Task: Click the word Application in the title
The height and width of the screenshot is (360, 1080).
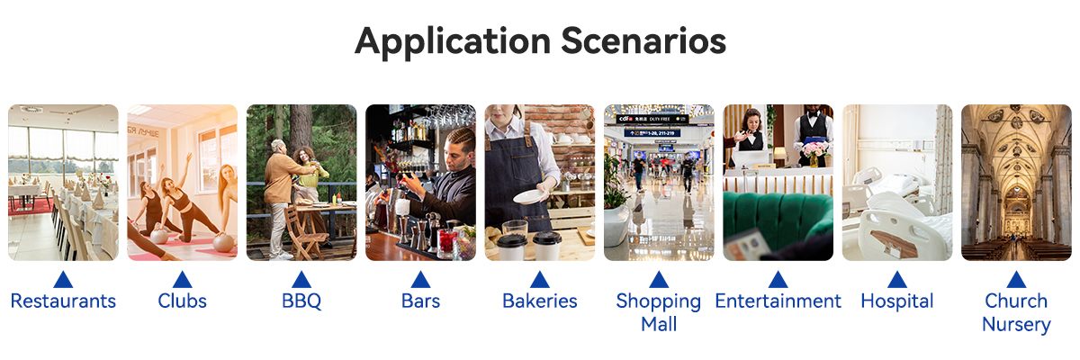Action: click(452, 42)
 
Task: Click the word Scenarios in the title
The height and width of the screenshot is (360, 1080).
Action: click(643, 40)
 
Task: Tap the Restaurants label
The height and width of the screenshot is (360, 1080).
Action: click(63, 301)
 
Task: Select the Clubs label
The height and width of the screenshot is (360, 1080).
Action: click(182, 301)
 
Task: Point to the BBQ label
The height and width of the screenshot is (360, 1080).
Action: click(301, 301)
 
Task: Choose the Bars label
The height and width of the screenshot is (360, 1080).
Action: click(420, 301)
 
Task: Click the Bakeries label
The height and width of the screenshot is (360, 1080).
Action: click(539, 301)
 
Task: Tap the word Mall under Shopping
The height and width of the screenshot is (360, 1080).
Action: click(659, 324)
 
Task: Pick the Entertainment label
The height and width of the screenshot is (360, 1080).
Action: click(778, 301)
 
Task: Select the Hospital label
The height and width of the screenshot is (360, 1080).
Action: click(896, 301)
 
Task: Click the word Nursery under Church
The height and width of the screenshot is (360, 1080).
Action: click(1016, 325)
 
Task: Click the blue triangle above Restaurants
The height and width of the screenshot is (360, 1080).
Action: click(63, 280)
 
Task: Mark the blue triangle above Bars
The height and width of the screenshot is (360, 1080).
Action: click(420, 280)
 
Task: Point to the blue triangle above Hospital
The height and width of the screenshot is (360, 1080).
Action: click(896, 280)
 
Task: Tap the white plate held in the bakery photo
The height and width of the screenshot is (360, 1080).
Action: click(529, 196)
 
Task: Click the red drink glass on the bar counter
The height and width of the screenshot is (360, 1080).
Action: click(446, 240)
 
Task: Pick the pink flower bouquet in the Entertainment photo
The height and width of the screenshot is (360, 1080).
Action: click(814, 148)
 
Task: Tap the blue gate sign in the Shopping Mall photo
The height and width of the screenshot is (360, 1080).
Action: click(652, 132)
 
